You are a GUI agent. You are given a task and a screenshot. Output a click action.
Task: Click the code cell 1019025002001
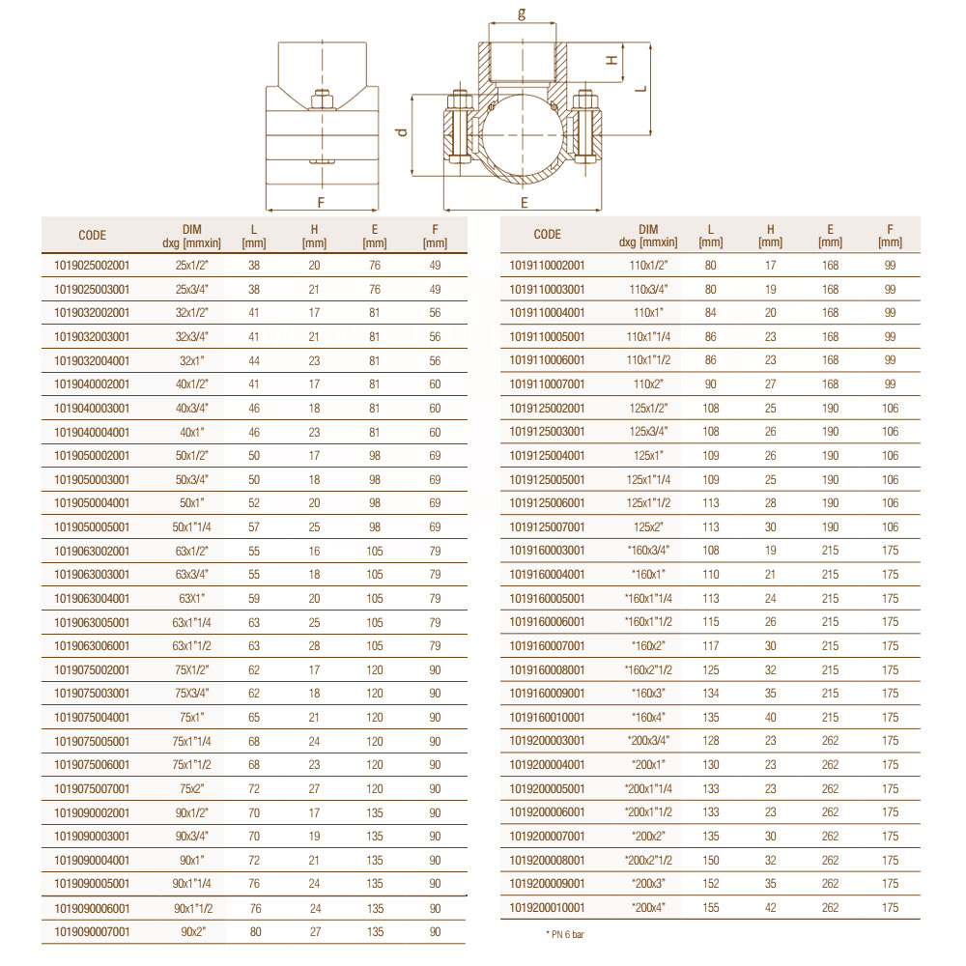click(x=92, y=266)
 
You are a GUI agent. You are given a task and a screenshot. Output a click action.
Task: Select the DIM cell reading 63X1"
click(x=191, y=598)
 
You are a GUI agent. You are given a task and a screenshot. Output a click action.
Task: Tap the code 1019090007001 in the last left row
click(x=92, y=931)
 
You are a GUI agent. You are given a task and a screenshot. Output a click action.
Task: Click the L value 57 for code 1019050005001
click(x=254, y=526)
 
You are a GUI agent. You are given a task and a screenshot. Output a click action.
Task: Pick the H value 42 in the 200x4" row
click(x=770, y=907)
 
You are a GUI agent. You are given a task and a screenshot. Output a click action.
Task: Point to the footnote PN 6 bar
click(x=565, y=934)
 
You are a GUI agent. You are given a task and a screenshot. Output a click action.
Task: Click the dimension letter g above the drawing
click(x=522, y=13)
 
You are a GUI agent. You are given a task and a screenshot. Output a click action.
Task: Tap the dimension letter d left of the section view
click(x=402, y=131)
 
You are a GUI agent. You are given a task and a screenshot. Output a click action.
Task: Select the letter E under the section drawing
click(x=525, y=203)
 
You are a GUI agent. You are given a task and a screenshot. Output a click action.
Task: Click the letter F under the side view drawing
click(x=321, y=203)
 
